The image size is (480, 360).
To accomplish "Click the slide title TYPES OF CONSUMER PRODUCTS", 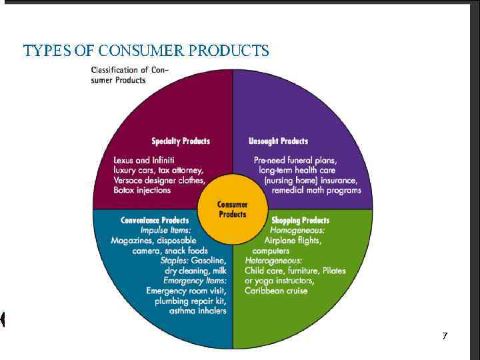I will [146, 51].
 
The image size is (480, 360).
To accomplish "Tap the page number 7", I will [445, 336].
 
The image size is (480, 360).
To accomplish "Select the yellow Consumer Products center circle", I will [233, 209].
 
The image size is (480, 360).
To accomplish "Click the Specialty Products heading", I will [181, 141].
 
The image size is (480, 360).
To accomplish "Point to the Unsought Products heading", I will [278, 141].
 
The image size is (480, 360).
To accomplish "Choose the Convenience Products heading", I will [155, 220].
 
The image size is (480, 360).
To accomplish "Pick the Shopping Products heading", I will [300, 220].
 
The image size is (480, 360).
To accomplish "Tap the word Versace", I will [129, 180].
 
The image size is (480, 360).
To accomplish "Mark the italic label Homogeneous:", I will [297, 230].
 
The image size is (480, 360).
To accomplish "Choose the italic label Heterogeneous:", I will [273, 261].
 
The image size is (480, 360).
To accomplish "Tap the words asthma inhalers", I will [198, 311].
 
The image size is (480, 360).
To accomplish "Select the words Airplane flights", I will [293, 240].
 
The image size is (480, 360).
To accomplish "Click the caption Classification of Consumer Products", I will [129, 75].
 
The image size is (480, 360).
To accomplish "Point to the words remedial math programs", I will [316, 190].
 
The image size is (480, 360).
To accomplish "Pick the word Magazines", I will [131, 240].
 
